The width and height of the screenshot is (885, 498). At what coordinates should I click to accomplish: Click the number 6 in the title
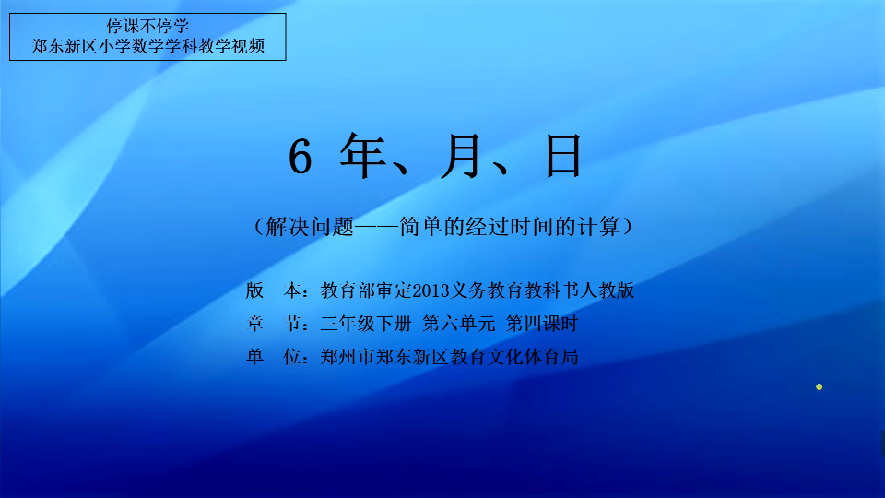coord(301,157)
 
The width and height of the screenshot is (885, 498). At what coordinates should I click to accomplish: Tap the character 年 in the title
coord(363,155)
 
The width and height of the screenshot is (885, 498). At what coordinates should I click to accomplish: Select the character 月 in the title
coord(461,156)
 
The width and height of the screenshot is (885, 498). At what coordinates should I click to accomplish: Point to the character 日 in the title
coord(563,156)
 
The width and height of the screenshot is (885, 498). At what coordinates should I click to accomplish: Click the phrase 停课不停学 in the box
coord(147,26)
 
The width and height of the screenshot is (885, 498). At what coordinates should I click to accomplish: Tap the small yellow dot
coord(819,386)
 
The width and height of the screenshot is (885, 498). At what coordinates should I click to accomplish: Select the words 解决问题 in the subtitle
coord(310,227)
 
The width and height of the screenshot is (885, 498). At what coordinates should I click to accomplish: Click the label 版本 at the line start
coord(273,290)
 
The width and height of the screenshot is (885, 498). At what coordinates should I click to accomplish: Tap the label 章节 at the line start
coord(273,324)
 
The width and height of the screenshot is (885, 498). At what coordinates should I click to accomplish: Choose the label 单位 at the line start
coord(273,356)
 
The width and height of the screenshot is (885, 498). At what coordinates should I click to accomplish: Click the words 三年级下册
coord(366,324)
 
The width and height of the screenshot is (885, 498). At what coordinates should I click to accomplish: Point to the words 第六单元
coord(458,324)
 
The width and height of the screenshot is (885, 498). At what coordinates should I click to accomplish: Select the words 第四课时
coord(542,324)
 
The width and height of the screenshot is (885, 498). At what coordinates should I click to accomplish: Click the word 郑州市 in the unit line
coord(348,356)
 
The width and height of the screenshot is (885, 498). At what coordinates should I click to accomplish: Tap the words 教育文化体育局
coord(514,356)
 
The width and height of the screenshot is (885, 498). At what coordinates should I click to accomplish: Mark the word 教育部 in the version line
coord(348,290)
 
